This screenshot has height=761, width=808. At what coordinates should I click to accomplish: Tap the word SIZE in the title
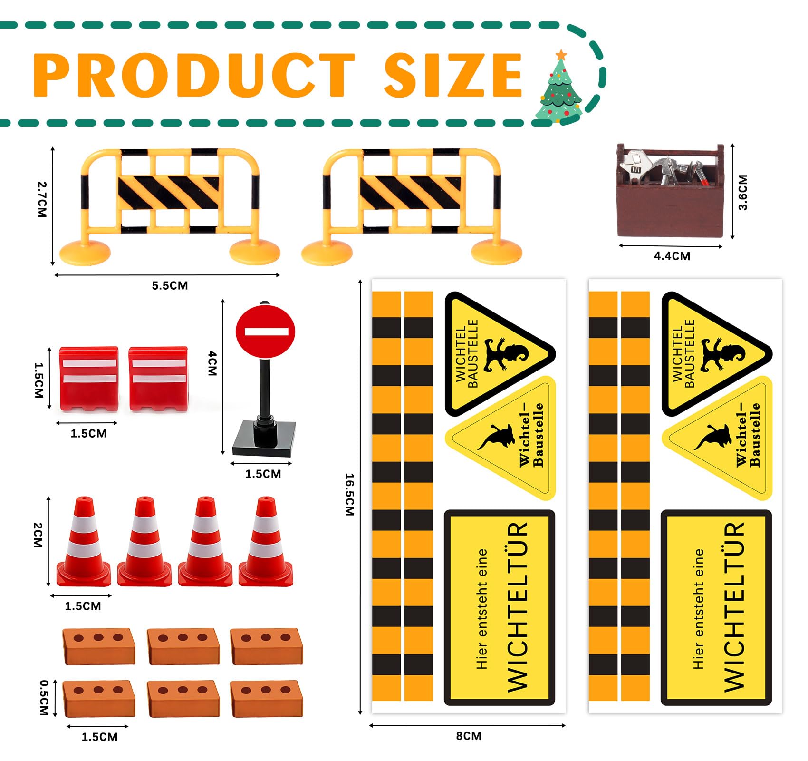453,75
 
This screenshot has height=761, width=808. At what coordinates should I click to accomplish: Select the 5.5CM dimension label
170,286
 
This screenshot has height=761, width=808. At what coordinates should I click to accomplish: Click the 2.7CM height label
42,199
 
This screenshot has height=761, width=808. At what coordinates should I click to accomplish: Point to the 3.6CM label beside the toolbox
743,192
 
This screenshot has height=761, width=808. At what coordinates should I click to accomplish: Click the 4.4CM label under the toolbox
672,256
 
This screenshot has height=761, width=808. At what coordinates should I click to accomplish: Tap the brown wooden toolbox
670,190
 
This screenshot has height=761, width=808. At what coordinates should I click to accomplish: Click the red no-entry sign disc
265,332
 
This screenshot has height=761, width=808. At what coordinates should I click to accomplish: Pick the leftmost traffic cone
84,542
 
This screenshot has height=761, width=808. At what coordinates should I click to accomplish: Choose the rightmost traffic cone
266,542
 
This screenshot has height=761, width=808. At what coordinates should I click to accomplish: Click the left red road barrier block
89,379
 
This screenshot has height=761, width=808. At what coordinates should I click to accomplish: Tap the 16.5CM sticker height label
349,495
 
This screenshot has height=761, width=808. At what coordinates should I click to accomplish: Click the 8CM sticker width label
469,736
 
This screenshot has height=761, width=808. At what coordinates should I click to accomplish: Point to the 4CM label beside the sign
212,363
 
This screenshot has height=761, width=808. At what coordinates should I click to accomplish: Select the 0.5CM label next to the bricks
44,698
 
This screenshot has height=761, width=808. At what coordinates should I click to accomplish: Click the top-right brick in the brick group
266,646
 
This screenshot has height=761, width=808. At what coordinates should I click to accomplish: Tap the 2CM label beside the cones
38,535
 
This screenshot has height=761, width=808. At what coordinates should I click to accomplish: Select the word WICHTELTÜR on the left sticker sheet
518,607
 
